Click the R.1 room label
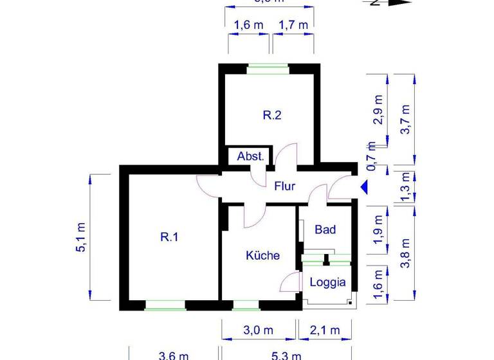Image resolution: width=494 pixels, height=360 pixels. click(x=169, y=237)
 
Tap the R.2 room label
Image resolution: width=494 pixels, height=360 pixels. click(x=272, y=116)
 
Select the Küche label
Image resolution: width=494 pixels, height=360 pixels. click(x=263, y=255)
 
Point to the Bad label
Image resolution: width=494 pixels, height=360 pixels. click(x=325, y=229)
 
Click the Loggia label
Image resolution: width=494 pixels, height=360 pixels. click(x=328, y=282)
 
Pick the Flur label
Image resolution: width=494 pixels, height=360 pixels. click(x=284, y=186)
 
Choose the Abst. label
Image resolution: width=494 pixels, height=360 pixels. click(x=250, y=156)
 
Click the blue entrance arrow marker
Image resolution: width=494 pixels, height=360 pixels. click(x=363, y=187)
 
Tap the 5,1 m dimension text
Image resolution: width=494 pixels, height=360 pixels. click(x=81, y=237)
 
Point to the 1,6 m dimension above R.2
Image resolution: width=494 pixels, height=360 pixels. click(x=248, y=25)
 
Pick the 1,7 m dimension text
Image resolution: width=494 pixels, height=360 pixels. click(x=293, y=25)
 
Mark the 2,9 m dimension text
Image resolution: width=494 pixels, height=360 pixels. click(x=378, y=109)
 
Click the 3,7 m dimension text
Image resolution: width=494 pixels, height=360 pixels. click(x=405, y=120)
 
